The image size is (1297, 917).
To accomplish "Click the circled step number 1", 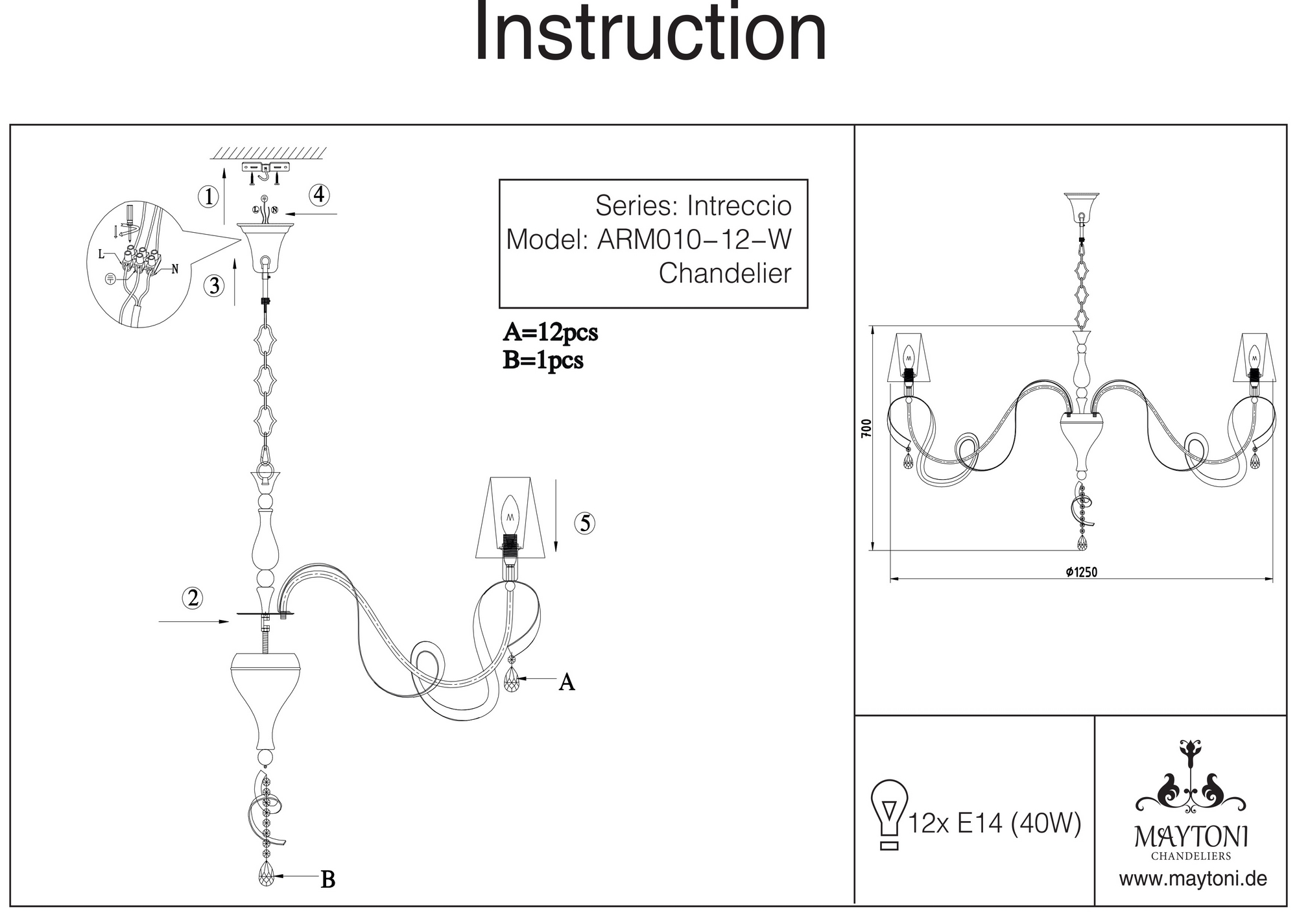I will tap(208, 196).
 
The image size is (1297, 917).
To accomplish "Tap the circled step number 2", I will tap(193, 597).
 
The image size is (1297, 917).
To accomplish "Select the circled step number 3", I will tap(215, 285).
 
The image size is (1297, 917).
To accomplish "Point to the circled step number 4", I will tap(319, 195).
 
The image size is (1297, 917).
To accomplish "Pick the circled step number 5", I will tap(585, 523).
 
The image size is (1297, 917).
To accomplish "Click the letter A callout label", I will tap(567, 682).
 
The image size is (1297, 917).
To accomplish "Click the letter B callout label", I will tap(328, 880).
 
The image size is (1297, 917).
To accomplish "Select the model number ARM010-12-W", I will tap(695, 240).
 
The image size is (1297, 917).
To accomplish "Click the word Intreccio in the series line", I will tap(739, 206).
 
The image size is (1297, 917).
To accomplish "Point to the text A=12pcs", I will tap(550, 333).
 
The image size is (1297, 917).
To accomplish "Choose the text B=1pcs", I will tap(543, 361).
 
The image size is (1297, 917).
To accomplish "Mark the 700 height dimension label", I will tap(866, 427).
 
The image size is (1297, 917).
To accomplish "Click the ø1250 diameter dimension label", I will tap(1081, 571).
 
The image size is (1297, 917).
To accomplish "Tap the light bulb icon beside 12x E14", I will tap(889, 813).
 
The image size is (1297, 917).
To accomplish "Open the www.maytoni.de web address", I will tap(1193, 879).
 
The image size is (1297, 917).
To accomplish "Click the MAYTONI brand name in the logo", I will tap(1191, 837).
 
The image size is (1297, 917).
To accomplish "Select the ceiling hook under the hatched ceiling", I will tap(265, 173).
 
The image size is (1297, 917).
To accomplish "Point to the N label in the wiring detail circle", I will tap(174, 269).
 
